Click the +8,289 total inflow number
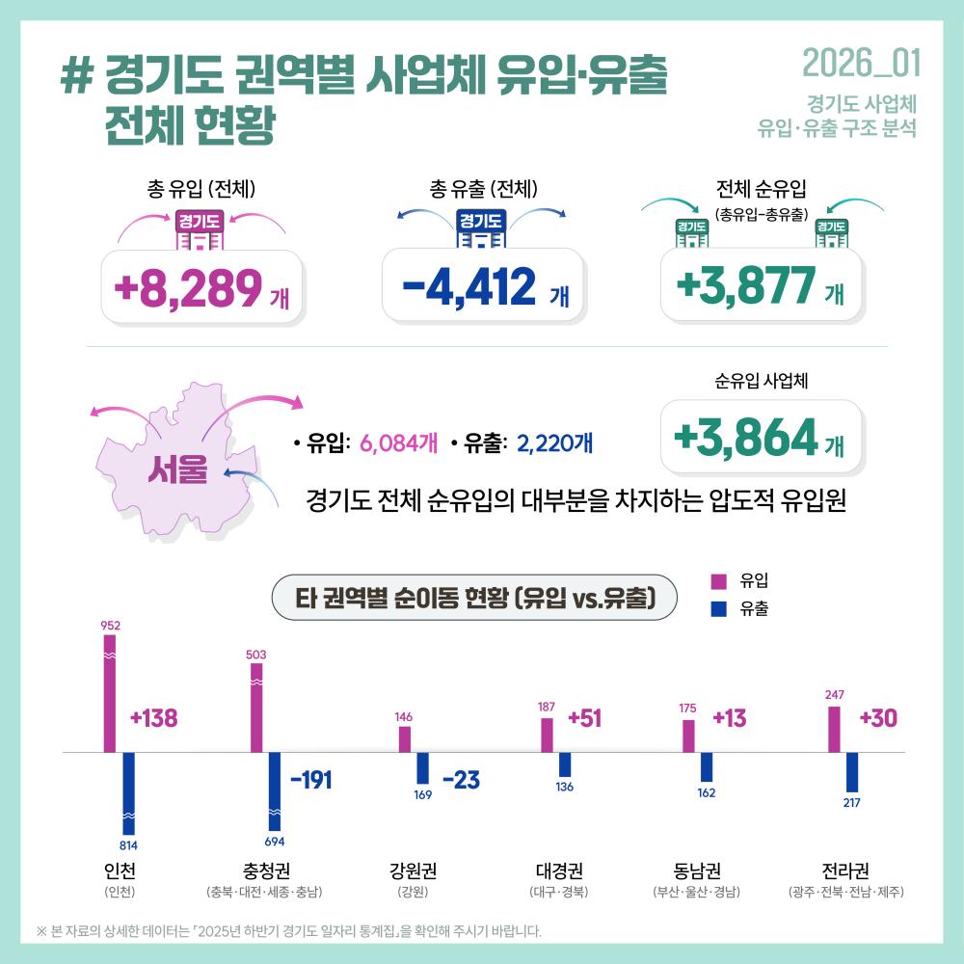(x=188, y=286)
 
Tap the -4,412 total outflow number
(x=469, y=286)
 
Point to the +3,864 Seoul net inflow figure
(x=746, y=439)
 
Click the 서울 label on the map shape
(x=177, y=469)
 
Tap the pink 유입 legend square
(x=717, y=581)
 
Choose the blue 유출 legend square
(x=717, y=608)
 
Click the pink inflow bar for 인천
(x=110, y=692)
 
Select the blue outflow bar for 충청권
(x=275, y=790)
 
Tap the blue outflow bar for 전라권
(x=852, y=771)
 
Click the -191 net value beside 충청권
(x=310, y=780)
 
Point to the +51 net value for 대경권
(x=585, y=719)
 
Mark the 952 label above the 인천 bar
(x=109, y=625)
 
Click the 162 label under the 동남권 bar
(x=706, y=792)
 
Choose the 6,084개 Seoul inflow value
(x=398, y=444)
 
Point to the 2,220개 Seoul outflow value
(x=554, y=444)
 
